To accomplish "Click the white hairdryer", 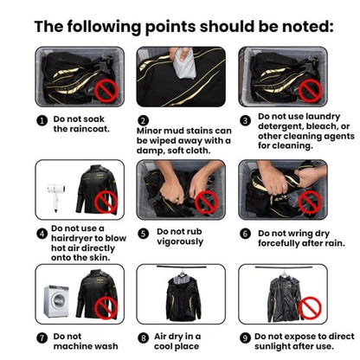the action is (x=55, y=197).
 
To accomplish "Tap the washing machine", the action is (x=56, y=301).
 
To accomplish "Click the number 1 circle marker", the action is (x=42, y=120).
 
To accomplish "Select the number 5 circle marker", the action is (x=143, y=234).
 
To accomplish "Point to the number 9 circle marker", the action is (x=245, y=337).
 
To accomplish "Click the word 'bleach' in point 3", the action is (x=321, y=126).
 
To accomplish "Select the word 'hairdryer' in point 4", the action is (x=72, y=238).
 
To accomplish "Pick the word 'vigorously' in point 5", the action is (x=180, y=241).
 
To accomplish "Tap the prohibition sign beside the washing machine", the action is (x=106, y=307).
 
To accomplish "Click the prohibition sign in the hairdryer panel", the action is (x=106, y=202).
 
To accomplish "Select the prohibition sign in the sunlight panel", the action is (x=310, y=308).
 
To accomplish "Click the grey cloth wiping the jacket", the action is (x=184, y=63).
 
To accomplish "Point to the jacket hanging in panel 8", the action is (x=183, y=298).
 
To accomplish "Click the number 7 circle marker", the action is (x=42, y=337).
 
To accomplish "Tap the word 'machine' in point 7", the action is (x=73, y=346).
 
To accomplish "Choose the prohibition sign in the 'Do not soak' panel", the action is (x=106, y=90).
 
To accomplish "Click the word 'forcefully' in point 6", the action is (x=279, y=243).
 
